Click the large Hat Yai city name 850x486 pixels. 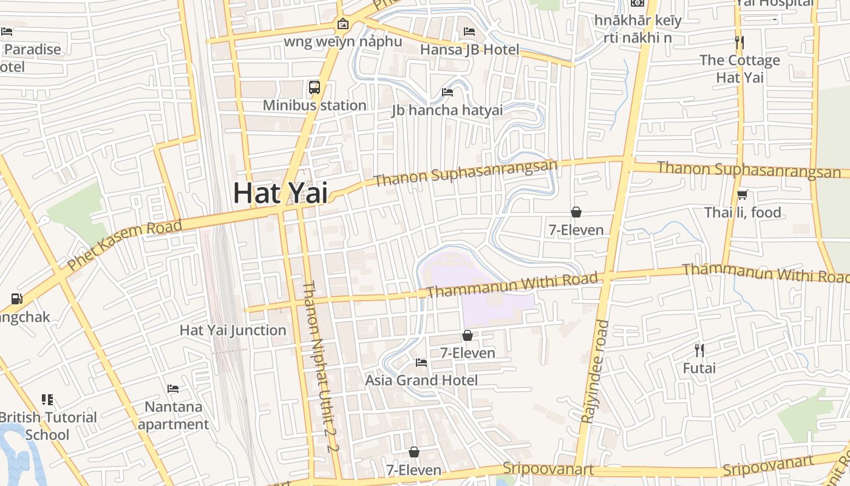[x=280, y=193]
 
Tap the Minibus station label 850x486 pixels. [x=314, y=105]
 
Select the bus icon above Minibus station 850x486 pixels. [x=314, y=87]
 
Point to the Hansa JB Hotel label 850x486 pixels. [x=470, y=49]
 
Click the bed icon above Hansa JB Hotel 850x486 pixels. [x=469, y=31]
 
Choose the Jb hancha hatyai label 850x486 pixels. [x=447, y=110]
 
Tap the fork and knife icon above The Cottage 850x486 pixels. [x=739, y=43]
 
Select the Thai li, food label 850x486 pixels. [x=743, y=213]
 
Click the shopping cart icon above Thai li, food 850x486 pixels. [x=742, y=195]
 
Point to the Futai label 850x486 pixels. [x=699, y=368]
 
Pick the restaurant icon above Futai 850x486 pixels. [x=699, y=350]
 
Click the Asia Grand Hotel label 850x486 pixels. [x=421, y=380]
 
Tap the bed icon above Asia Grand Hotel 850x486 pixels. [x=421, y=363]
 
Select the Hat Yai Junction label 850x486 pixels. [x=233, y=330]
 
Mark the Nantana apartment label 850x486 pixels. [x=173, y=415]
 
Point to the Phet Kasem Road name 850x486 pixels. [x=124, y=245]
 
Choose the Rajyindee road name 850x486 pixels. [x=594, y=372]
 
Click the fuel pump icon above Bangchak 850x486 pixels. [x=16, y=299]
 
